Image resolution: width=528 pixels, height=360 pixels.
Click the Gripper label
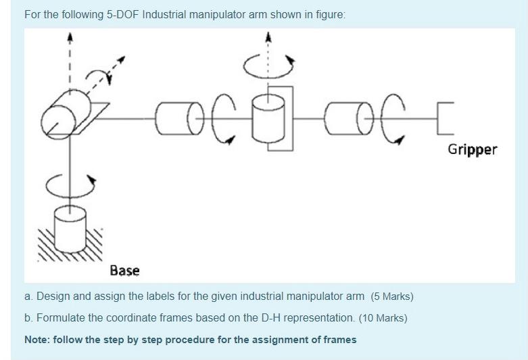coord(472,149)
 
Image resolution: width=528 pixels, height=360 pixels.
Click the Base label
coord(124,271)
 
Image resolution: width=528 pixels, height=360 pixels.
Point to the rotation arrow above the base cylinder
coord(69,180)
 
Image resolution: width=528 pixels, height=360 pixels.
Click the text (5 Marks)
coord(392,297)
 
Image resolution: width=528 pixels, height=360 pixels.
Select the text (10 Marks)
coord(383,318)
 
